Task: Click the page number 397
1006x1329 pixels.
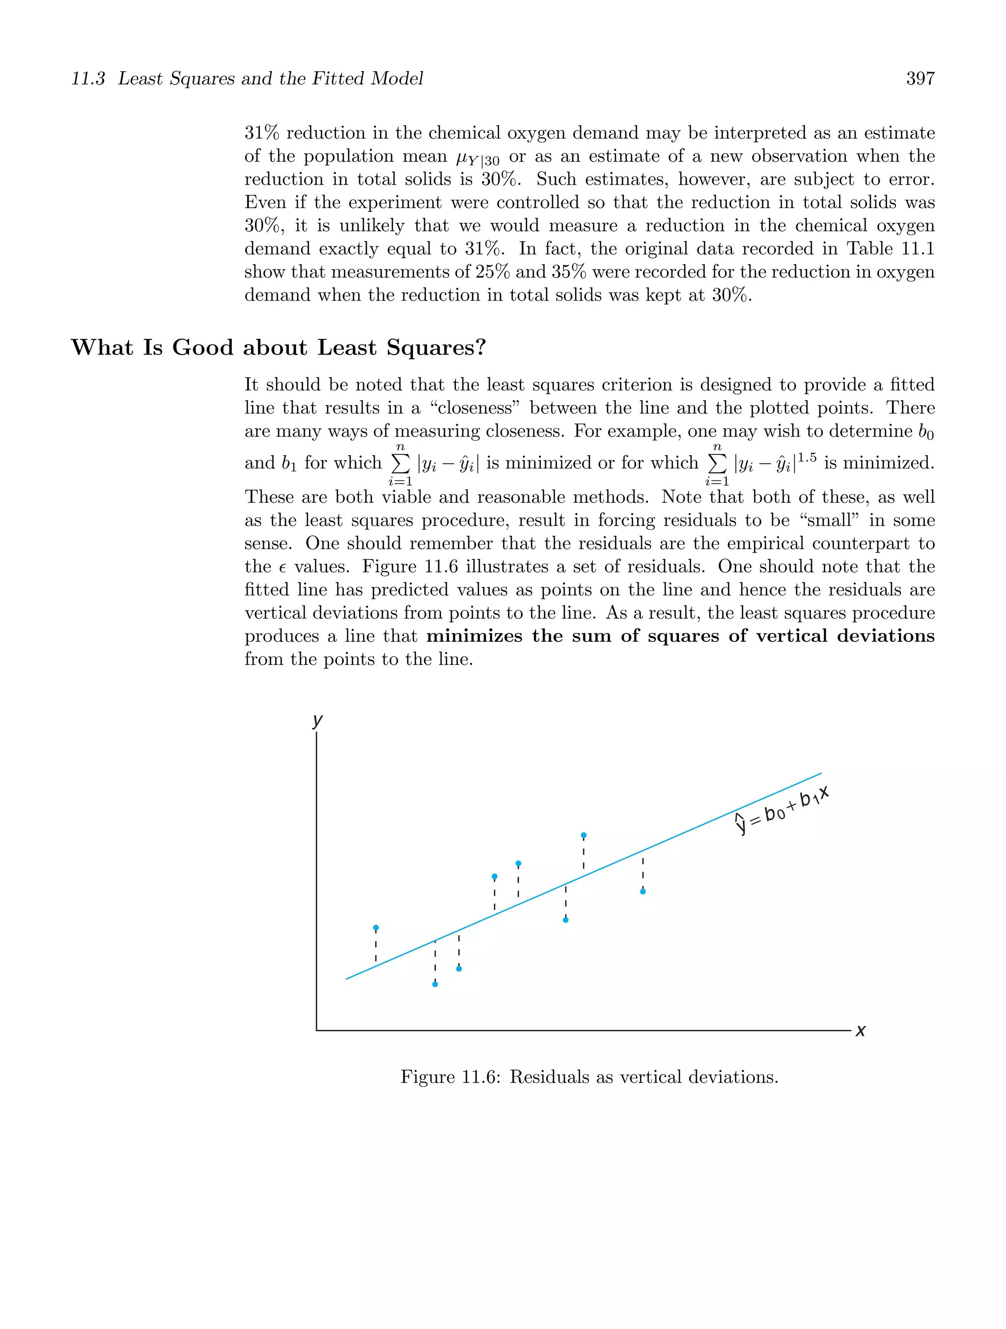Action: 920,79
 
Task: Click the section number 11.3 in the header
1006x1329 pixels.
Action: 88,79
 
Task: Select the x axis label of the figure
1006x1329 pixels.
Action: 861,1031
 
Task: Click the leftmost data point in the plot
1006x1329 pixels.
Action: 376,928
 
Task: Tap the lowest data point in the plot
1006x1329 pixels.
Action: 435,984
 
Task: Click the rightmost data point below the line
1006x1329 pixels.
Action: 643,891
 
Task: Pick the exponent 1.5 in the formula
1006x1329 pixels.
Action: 807,458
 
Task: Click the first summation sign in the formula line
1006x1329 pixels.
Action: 401,463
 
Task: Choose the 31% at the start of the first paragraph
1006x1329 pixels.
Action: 262,133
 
